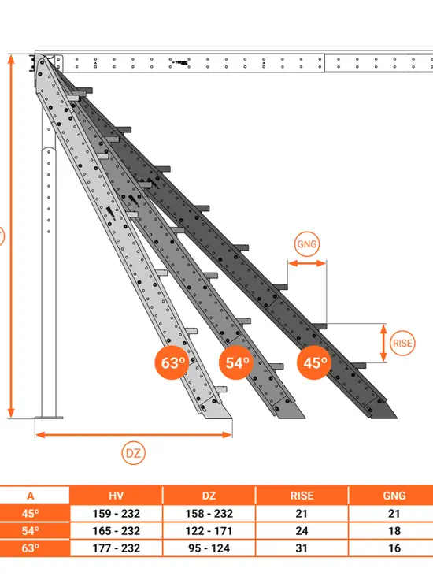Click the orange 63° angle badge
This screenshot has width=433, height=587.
pos(172,362)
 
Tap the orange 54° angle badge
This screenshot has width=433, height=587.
pos(236,362)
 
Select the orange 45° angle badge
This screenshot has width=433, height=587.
pos(314,362)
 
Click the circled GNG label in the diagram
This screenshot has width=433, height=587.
pos(306,244)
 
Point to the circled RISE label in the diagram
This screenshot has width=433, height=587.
pos(402,343)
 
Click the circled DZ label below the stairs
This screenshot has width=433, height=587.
pos(133,453)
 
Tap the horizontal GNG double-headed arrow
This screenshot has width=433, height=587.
pos(307,263)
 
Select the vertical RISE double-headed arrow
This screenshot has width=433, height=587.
pos(383,343)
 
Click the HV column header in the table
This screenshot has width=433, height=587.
pos(116,496)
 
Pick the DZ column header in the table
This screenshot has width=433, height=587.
pos(209,496)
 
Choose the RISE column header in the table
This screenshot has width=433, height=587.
pos(302,496)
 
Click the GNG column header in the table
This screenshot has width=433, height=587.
pos(394,496)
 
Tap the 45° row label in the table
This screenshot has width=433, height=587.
pos(30,513)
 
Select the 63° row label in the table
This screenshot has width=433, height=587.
pos(30,548)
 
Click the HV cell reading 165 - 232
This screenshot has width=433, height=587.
pos(116,531)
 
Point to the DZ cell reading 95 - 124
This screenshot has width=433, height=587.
pos(209,548)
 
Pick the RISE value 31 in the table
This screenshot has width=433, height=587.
pos(302,548)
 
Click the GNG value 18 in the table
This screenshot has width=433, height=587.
pos(394,531)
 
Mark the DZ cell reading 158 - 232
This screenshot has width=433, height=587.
pos(209,513)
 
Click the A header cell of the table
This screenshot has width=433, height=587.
pos(30,496)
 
